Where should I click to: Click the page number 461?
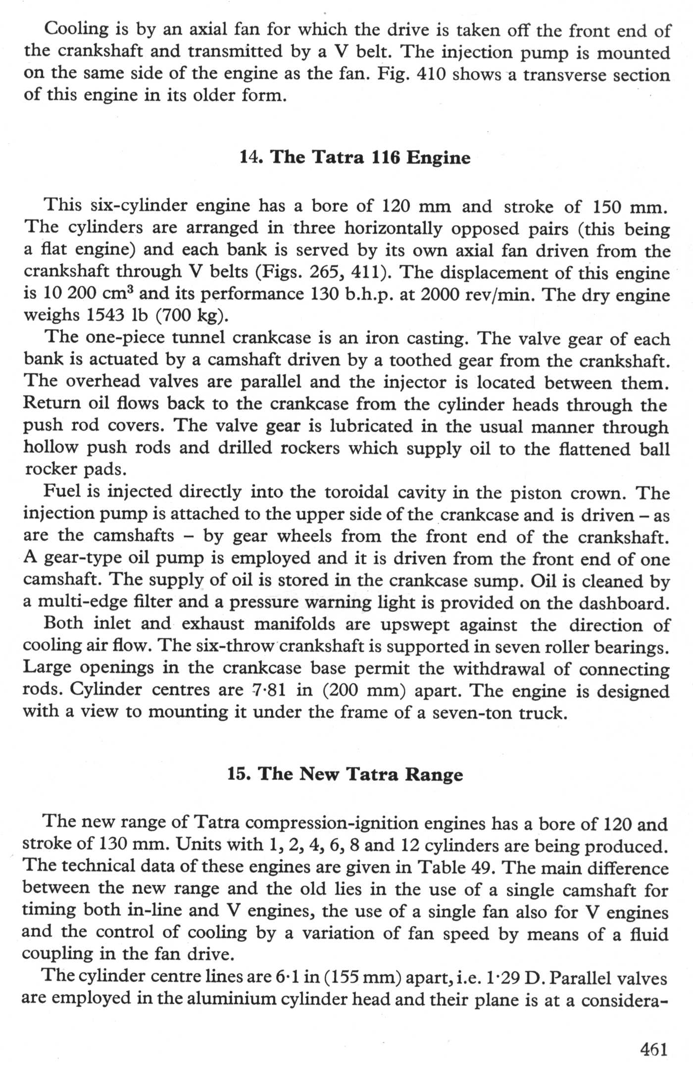654,1049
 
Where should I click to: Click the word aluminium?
216,1000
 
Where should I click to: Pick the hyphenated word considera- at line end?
624,1000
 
